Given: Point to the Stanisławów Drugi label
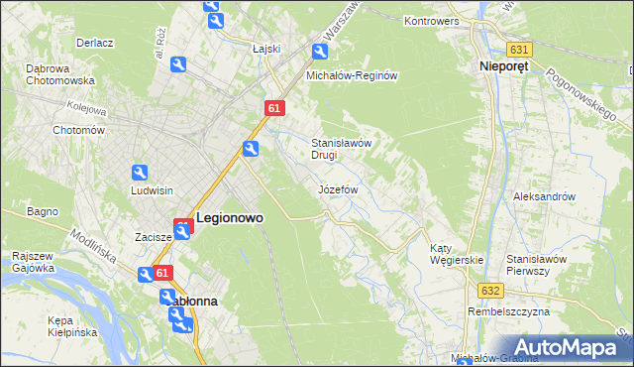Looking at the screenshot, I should coord(341,149).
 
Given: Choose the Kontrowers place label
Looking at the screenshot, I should coord(436,21).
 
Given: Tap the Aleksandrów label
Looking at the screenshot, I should coord(544,196).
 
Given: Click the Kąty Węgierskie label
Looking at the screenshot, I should coord(456,254).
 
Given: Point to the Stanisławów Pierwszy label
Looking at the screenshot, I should coord(535,264).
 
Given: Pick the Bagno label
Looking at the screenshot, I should coord(44,211).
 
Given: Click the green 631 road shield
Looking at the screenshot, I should coord(518,49).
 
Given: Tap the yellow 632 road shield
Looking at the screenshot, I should coord(492,290).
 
